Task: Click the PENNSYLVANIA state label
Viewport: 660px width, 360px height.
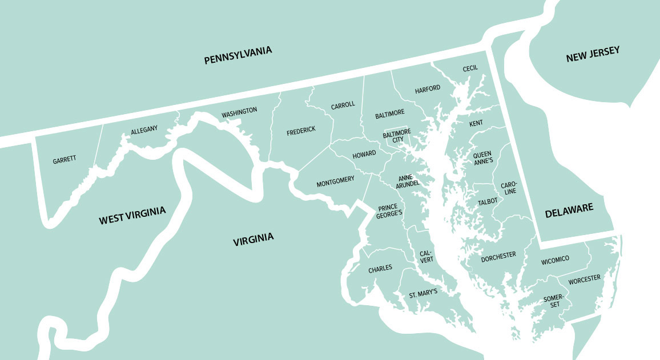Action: [x=238, y=55]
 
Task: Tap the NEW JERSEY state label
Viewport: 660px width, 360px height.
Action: [x=593, y=54]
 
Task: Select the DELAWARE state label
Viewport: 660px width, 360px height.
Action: [x=569, y=211]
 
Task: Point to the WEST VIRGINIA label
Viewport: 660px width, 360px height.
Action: [x=132, y=216]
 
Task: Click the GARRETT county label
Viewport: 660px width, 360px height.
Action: [x=65, y=159]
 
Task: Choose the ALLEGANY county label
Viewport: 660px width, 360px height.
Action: [x=144, y=131]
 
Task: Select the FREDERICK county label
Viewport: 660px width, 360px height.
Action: [x=301, y=131]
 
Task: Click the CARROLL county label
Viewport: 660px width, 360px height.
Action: [x=343, y=106]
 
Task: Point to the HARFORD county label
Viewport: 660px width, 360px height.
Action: [x=428, y=88]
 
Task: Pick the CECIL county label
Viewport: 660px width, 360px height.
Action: [x=470, y=68]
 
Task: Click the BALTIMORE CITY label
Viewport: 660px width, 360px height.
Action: [x=397, y=136]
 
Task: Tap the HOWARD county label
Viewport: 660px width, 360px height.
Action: [x=364, y=155]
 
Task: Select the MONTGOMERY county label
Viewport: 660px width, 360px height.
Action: [x=335, y=181]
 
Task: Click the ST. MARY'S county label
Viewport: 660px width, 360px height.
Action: [x=423, y=293]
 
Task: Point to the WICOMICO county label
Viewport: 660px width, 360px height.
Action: [x=555, y=260]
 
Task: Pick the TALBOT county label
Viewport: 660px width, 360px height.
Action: [x=488, y=201]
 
